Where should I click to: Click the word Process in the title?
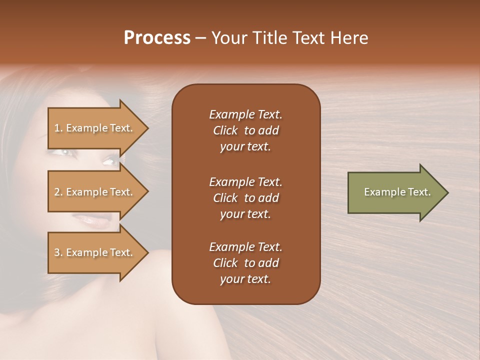(x=157, y=38)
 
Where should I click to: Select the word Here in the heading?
(x=348, y=38)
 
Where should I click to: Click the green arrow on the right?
(x=395, y=192)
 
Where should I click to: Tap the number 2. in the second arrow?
(x=58, y=192)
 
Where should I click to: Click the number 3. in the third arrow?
(x=58, y=252)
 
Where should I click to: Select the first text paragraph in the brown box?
(x=245, y=130)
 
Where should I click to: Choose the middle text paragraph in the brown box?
(x=245, y=198)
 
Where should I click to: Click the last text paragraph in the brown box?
(x=245, y=263)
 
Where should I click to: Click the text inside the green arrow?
(x=397, y=192)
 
